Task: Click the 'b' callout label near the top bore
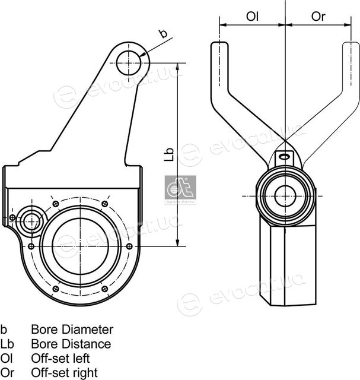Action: click(164, 33)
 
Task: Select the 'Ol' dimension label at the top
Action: click(252, 17)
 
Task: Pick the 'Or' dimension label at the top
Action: click(318, 17)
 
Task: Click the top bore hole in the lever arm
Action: click(128, 63)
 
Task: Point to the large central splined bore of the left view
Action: click(80, 246)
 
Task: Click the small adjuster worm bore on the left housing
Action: click(31, 221)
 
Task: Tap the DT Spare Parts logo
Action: click(180, 190)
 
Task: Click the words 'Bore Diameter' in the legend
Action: click(72, 330)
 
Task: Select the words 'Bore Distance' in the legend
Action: click(71, 344)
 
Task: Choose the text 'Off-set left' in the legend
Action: click(60, 358)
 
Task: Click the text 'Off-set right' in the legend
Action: click(65, 373)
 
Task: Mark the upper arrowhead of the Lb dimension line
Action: click(177, 66)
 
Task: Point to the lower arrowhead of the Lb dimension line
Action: click(177, 243)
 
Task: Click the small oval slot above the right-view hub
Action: click(284, 157)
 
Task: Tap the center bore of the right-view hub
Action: click(285, 196)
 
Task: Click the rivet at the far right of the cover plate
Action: click(129, 246)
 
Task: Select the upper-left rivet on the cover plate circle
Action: click(56, 204)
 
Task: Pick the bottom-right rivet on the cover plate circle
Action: click(104, 289)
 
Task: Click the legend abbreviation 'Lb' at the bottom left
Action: click(7, 344)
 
